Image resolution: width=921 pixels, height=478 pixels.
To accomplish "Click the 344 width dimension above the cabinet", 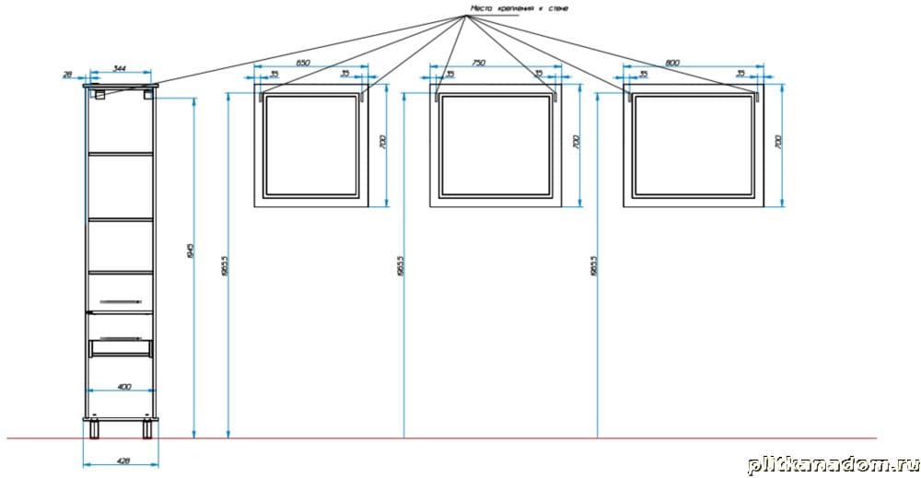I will [x=120, y=68].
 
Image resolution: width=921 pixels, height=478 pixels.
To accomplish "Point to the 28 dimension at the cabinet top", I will [x=68, y=75].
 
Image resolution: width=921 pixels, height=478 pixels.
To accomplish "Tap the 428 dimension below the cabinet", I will [x=122, y=461].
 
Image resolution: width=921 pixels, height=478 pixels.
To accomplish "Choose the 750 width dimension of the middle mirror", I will [x=479, y=63].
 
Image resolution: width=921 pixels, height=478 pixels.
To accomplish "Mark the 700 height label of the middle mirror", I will [x=576, y=143].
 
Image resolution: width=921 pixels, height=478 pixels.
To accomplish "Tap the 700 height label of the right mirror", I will [x=777, y=143].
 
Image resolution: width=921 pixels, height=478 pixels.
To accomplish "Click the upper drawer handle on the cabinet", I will [x=120, y=301].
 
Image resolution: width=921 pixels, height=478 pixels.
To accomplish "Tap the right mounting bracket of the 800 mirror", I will [x=756, y=94].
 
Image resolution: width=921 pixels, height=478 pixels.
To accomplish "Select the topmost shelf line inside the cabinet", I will [x=120, y=153].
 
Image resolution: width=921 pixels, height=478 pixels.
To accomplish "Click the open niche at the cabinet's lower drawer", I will [x=120, y=346].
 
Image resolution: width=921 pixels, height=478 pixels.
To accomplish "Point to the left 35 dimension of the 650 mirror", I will [x=274, y=74].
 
